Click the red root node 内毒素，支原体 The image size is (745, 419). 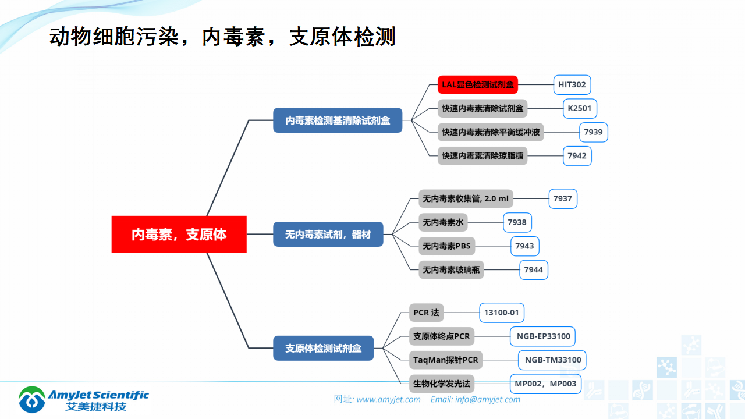click(x=179, y=234)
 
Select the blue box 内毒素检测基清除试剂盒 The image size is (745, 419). click(x=338, y=120)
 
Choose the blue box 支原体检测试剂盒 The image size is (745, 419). click(x=323, y=348)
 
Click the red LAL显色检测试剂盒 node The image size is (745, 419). click(x=477, y=84)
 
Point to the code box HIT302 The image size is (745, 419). click(x=572, y=84)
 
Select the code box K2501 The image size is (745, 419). click(x=580, y=108)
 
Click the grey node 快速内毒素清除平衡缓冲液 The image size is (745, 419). click(x=491, y=132)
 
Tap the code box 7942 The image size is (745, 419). click(x=577, y=155)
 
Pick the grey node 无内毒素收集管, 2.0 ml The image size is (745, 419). click(x=466, y=198)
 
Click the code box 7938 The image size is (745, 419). click(x=517, y=222)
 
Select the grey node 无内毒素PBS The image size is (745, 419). click(x=446, y=246)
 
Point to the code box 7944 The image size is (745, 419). click(x=533, y=269)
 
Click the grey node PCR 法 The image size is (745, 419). click(x=426, y=313)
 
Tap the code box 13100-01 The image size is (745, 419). click(x=501, y=313)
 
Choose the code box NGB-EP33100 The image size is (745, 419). click(x=542, y=336)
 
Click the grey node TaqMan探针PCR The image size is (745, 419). click(x=446, y=360)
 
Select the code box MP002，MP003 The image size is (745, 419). click(x=545, y=384)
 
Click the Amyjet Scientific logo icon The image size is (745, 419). click(x=32, y=399)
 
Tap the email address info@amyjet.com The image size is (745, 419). click(x=487, y=399)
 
